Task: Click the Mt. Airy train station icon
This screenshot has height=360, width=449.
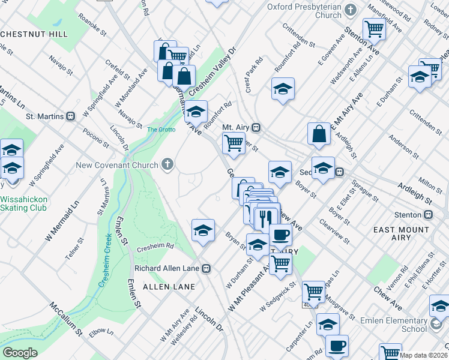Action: point(256,127)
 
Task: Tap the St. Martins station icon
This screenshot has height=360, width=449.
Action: point(70,116)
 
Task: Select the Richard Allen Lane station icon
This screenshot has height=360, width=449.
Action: point(206,268)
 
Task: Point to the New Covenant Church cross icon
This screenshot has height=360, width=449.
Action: point(167,165)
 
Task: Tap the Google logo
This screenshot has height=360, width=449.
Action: point(20,352)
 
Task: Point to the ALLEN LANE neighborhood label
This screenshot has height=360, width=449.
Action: point(169,287)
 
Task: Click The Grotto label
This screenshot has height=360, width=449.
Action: point(160,129)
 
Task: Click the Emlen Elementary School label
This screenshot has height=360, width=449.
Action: point(393,325)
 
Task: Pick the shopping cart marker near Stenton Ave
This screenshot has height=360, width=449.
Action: point(374,28)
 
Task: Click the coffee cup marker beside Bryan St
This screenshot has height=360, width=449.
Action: point(280,234)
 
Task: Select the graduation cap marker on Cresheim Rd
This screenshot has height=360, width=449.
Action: point(203,230)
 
